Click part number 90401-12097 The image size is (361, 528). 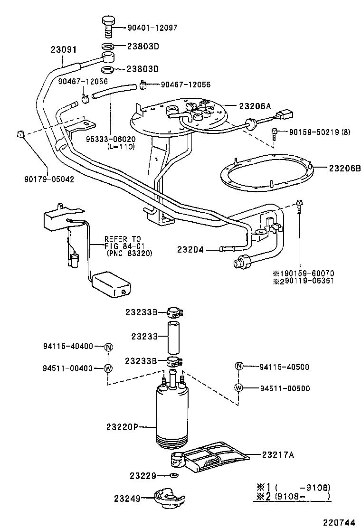coord(152,28)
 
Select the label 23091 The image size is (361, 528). coord(64,49)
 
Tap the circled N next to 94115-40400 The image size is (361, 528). coord(108,347)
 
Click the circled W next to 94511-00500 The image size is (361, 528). coord(239,388)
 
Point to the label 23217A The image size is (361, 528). coord(278,454)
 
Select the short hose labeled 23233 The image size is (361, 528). coord(173,336)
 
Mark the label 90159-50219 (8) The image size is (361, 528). coord(319,132)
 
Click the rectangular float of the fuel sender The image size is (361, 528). coord(111,284)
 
